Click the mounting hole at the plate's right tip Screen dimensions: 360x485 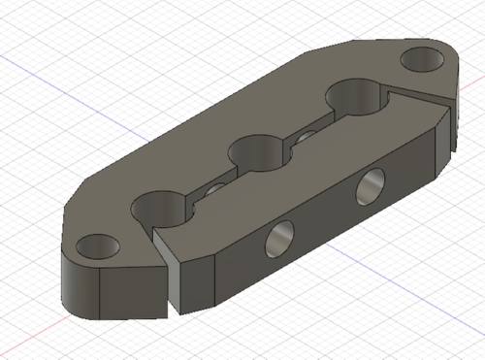tap(422, 59)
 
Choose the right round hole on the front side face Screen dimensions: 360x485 tap(368, 185)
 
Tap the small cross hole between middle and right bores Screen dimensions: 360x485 tap(305, 135)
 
